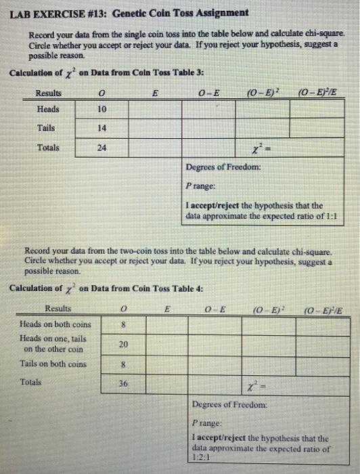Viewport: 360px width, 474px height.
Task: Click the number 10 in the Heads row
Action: [102, 110]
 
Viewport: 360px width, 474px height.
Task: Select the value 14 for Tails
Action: [102, 128]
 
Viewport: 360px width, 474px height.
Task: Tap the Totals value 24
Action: [102, 148]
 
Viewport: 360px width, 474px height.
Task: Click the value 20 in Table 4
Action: [123, 345]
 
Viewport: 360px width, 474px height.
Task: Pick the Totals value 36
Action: [123, 383]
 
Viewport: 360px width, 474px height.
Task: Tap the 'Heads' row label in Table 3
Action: [48, 109]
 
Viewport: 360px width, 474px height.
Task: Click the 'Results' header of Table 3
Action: [49, 93]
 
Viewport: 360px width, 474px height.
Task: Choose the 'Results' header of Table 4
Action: [59, 308]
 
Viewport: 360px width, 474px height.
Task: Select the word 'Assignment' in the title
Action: [221, 13]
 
